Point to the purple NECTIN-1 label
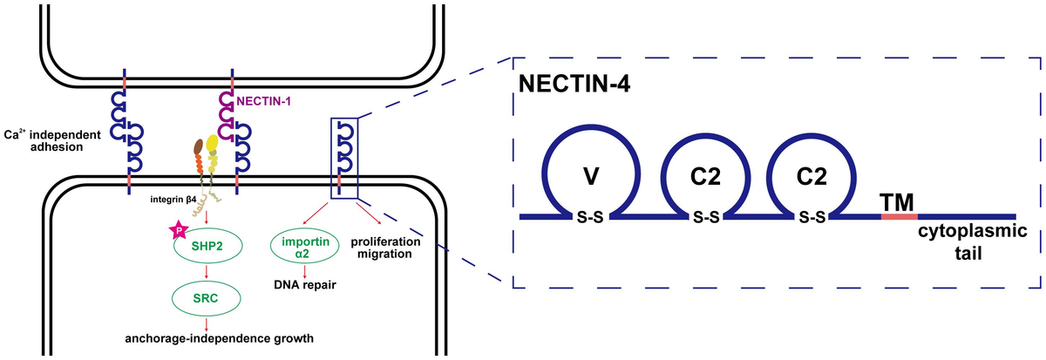point(263,101)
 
